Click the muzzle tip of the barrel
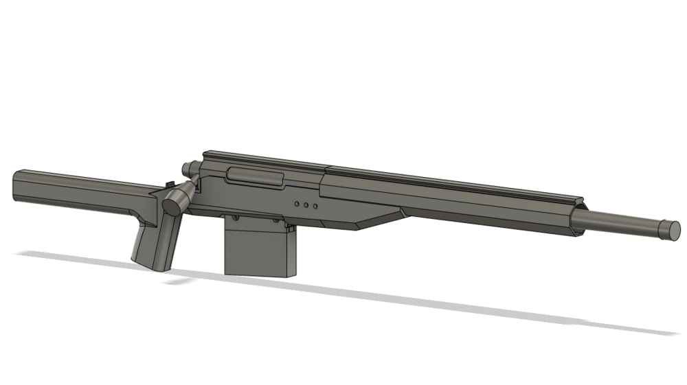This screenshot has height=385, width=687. [670, 229]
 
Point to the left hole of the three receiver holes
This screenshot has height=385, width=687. [294, 204]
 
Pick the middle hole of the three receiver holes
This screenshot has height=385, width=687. [304, 205]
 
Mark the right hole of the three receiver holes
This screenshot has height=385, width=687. [315, 205]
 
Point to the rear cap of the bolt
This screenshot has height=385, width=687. [186, 168]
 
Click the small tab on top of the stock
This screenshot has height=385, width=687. [169, 184]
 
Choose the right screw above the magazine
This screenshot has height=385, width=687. [279, 222]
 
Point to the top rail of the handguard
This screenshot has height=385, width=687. [447, 176]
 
